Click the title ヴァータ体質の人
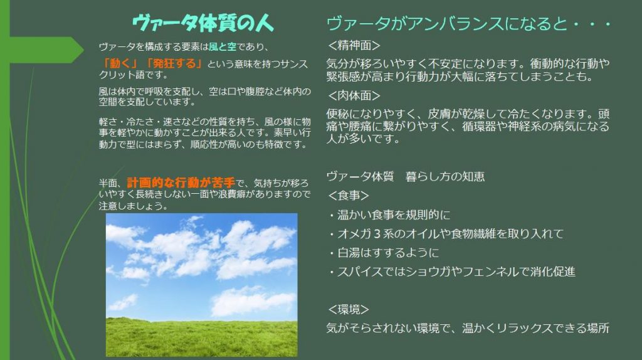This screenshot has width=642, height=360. [203, 23]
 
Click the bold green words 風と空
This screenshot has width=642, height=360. [223, 47]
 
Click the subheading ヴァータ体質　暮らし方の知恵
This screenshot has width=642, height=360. [405, 177]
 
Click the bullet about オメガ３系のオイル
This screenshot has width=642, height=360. [445, 234]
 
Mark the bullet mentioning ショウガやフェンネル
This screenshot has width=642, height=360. [451, 272]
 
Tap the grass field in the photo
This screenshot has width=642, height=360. [201, 336]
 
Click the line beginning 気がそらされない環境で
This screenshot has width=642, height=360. [468, 327]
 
